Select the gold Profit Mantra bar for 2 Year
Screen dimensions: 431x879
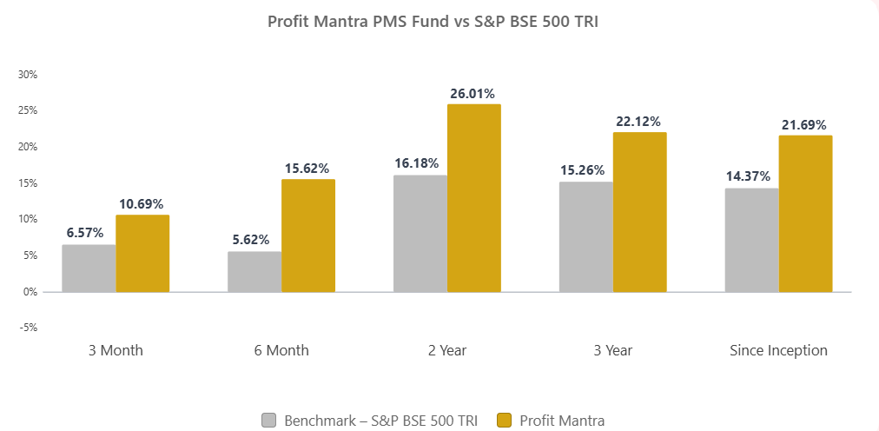[x=473, y=198]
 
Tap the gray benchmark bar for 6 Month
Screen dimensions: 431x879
[x=254, y=271]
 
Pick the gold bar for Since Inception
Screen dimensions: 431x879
[x=805, y=214]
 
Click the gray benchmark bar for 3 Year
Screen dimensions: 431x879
[x=585, y=236]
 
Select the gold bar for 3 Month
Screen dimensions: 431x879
[x=142, y=253]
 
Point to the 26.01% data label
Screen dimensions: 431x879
[x=473, y=93]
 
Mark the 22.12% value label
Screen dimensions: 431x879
[x=639, y=121]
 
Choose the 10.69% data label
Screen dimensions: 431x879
[x=142, y=203]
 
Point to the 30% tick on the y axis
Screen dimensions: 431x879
[x=28, y=75]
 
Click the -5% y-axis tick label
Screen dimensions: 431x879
[x=28, y=328]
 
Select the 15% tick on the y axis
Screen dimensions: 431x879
[x=28, y=183]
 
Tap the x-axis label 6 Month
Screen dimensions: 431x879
[x=281, y=351]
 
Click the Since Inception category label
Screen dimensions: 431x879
[x=778, y=351]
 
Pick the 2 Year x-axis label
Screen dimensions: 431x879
[x=446, y=351]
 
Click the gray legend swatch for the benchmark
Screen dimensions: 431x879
[x=268, y=421]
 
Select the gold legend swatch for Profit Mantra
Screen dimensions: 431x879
[x=504, y=421]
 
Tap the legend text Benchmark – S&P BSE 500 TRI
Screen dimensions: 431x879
[x=380, y=421]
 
